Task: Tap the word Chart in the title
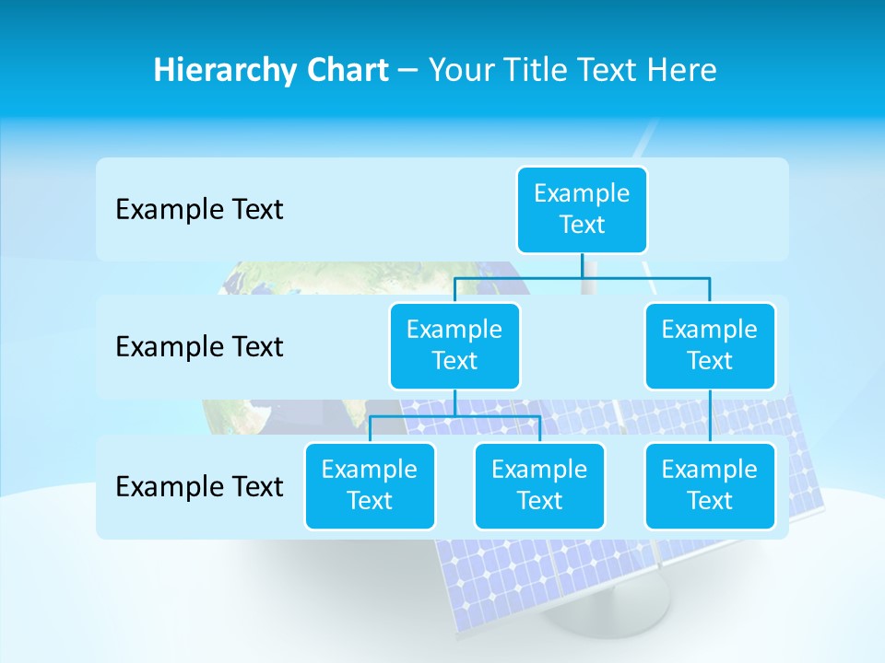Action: pos(347,71)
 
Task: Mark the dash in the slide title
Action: pos(408,71)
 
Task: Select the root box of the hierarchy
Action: pos(582,209)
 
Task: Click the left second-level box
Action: pos(454,345)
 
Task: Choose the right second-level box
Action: pos(710,345)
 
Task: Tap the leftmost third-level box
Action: pos(370,485)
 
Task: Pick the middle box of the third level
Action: pos(539,485)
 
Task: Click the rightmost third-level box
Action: pos(710,485)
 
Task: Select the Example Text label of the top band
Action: pos(199,210)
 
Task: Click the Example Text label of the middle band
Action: pos(199,347)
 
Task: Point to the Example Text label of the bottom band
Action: pos(199,487)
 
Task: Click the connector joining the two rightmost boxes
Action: pos(710,416)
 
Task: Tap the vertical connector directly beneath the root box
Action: pos(582,265)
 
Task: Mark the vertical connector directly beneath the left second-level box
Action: pos(454,403)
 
